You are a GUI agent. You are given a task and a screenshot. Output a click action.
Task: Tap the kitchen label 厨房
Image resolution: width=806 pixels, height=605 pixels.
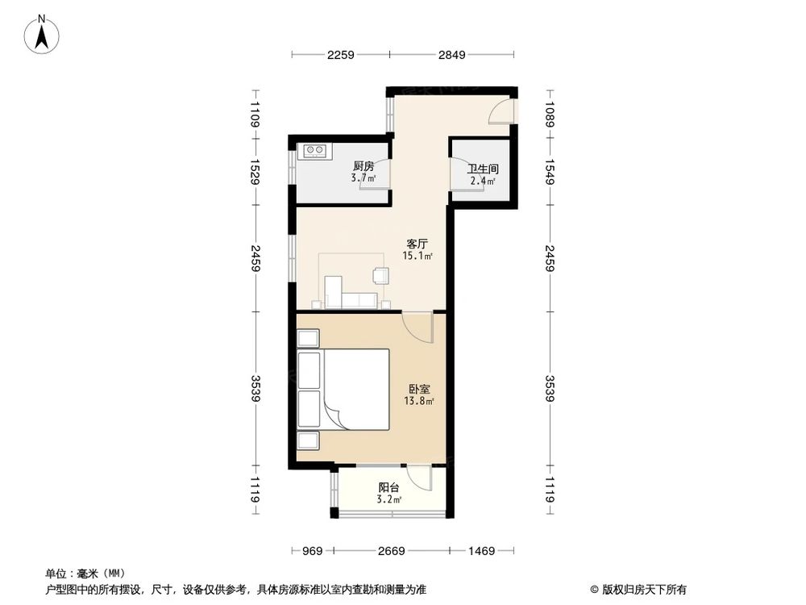click(363, 167)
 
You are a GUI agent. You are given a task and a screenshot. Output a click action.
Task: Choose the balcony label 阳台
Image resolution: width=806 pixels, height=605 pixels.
click(390, 488)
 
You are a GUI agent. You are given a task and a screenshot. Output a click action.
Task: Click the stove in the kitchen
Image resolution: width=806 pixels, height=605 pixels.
click(314, 149)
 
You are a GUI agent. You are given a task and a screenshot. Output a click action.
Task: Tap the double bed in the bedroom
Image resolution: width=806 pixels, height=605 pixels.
click(355, 390)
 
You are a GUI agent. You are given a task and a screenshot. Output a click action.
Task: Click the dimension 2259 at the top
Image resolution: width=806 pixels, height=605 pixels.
click(341, 55)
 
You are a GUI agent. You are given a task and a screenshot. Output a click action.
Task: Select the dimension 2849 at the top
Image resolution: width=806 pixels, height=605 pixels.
click(452, 55)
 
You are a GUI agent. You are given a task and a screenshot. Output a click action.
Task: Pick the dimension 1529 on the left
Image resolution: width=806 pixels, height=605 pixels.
click(255, 171)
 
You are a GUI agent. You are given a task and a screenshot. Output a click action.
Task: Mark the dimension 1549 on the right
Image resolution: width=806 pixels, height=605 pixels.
click(550, 171)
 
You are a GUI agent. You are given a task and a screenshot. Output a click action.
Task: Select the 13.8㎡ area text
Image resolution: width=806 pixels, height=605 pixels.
click(419, 401)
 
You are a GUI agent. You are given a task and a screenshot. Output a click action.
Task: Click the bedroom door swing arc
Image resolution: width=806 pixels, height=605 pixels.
click(418, 327)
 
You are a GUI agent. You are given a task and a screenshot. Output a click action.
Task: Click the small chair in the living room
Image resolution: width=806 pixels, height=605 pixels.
click(380, 276)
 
